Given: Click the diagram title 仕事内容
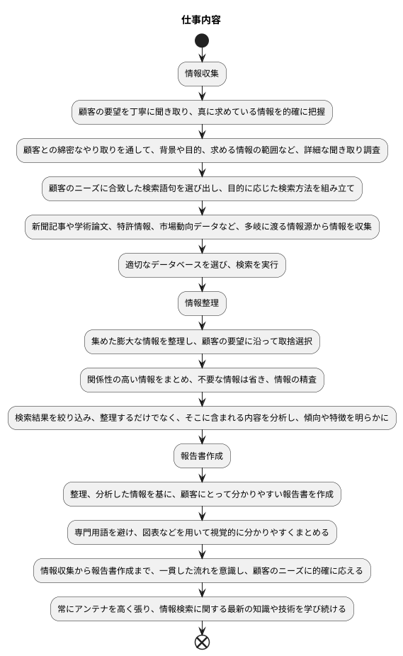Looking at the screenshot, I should pos(202,20).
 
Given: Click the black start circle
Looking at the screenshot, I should pos(202,41).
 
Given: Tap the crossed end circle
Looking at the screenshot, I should pos(202,642).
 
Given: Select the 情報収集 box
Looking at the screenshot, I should pos(202,73).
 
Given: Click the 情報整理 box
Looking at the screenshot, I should pos(202,304).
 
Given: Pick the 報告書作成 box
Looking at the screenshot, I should pos(202,456).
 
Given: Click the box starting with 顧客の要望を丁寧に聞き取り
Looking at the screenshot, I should pos(202,111).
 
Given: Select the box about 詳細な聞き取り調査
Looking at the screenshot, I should pos(202,150).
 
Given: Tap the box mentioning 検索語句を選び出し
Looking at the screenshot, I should pos(202,188).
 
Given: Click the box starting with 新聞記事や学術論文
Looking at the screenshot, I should pos(202,227).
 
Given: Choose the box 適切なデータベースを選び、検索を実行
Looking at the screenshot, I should pos(202,265).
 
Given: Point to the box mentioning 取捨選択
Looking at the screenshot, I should pos(202,341).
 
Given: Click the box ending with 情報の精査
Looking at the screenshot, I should pos(202,380).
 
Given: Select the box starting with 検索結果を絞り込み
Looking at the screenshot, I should pos(202,418).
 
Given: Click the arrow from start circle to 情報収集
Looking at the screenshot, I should pos(202,55).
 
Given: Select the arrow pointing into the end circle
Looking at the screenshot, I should pos(202,627).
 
